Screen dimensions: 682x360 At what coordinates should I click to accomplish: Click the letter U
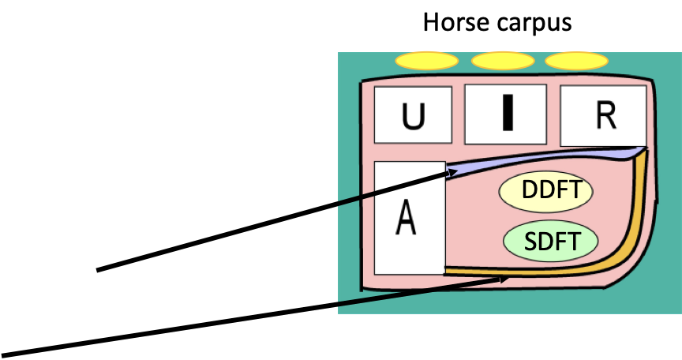tap(413, 117)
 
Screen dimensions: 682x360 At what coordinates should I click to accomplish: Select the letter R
tap(605, 115)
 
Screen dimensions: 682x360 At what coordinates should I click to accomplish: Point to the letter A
tap(406, 218)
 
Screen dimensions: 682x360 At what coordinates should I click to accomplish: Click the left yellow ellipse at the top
tap(427, 61)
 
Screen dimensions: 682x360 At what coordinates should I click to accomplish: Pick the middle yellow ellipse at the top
tap(503, 61)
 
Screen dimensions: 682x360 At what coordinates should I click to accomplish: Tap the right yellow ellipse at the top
tap(576, 61)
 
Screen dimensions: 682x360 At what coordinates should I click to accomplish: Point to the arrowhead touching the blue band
tap(452, 171)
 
